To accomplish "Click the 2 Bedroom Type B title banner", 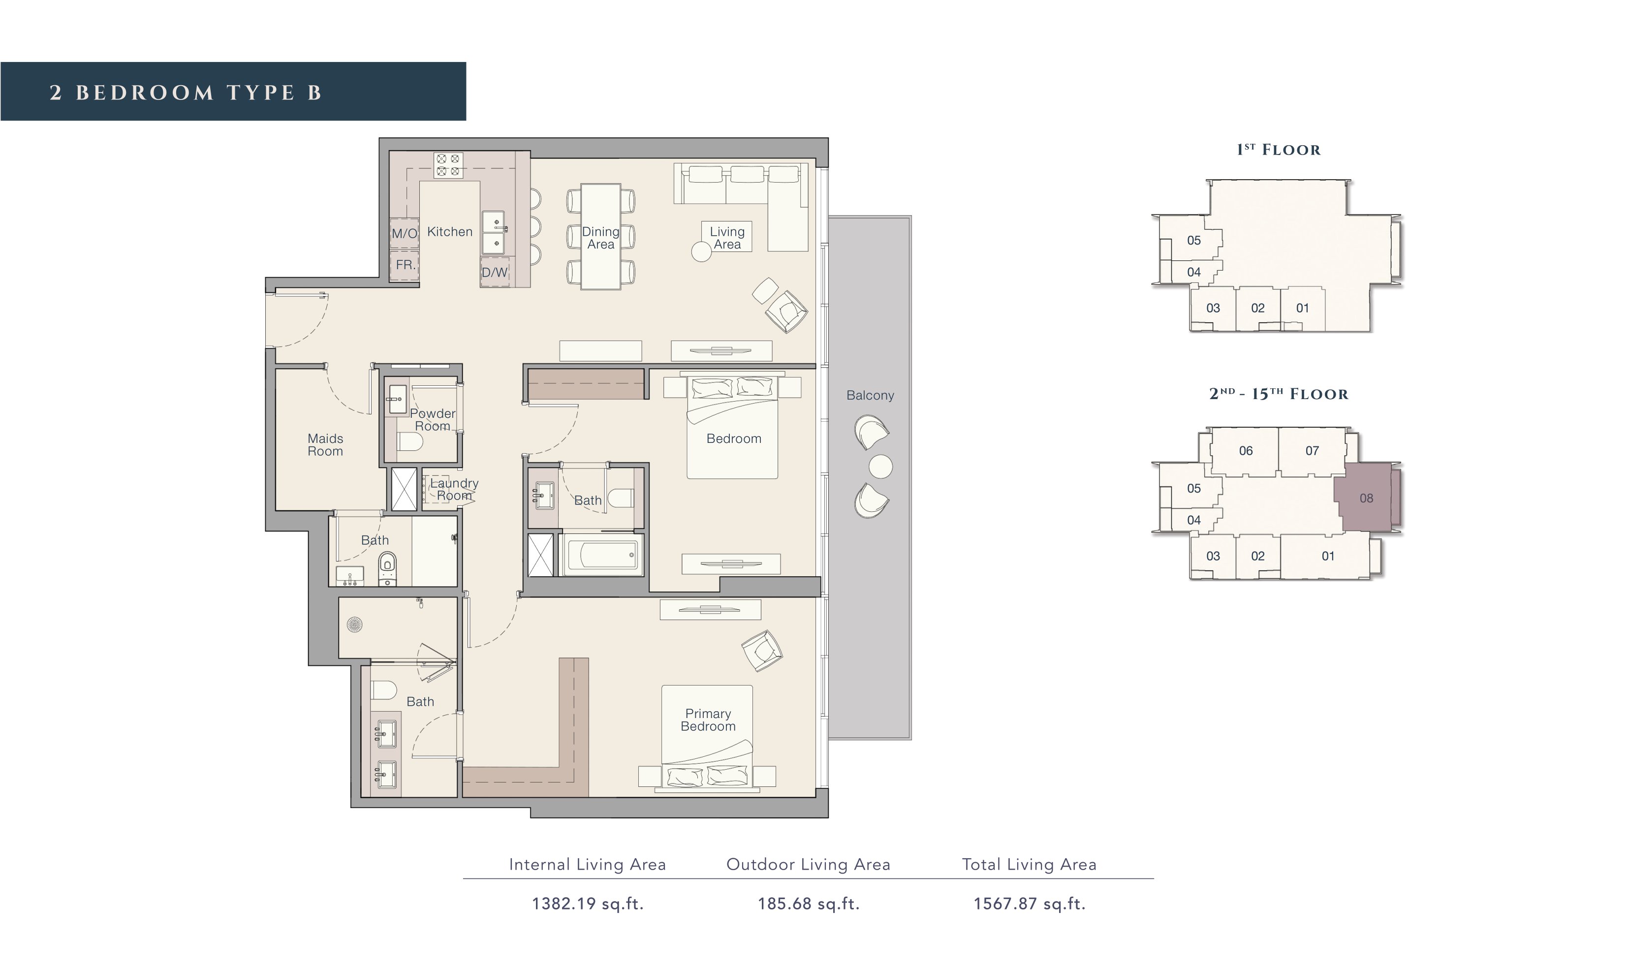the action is click(233, 92).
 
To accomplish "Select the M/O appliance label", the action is click(404, 233).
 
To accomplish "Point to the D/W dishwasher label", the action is click(494, 272).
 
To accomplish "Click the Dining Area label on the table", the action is click(600, 238).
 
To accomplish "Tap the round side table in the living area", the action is click(701, 252).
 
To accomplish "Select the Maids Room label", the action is click(325, 445).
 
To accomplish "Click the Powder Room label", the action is click(433, 419).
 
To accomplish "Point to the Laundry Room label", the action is click(454, 489).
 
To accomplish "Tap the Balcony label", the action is click(870, 395).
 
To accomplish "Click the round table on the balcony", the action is click(880, 466).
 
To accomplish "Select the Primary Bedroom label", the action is click(708, 719).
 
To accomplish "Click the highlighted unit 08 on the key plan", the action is click(1366, 498).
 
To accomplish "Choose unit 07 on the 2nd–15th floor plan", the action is click(1312, 451).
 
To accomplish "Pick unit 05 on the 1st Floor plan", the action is click(1194, 240).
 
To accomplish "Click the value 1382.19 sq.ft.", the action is click(588, 904).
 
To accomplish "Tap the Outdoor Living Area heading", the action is click(808, 865).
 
